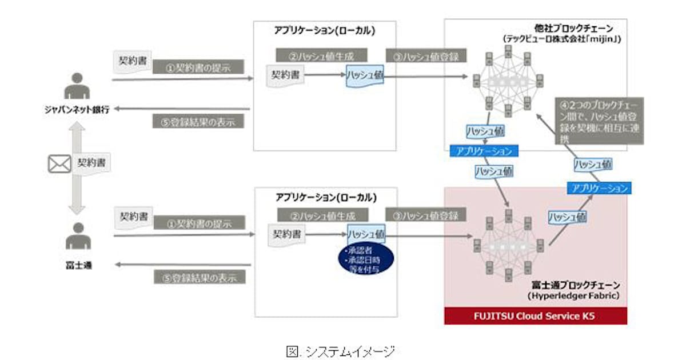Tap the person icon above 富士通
pos(77,235)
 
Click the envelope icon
pos(59,164)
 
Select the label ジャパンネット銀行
pos(77,110)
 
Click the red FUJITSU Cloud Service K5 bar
pos(535,316)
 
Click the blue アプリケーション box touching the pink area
pos(598,188)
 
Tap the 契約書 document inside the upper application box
pos(286,74)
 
